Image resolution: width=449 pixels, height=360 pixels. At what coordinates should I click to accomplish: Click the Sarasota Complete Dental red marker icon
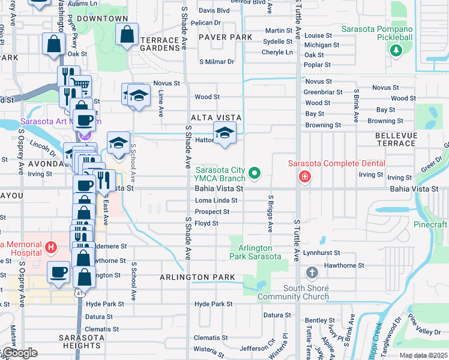pyautogui.click(x=305, y=176)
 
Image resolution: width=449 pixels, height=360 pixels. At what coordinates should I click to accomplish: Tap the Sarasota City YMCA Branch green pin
pyautogui.click(x=255, y=174)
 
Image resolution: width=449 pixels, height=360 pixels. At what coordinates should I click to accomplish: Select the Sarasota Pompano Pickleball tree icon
pyautogui.click(x=396, y=50)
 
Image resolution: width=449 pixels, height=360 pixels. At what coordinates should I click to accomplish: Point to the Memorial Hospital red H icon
pyautogui.click(x=51, y=247)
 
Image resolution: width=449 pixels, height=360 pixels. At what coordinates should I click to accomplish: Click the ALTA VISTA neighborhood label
pyautogui.click(x=216, y=118)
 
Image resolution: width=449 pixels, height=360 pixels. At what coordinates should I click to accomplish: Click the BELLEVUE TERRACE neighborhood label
pyautogui.click(x=395, y=140)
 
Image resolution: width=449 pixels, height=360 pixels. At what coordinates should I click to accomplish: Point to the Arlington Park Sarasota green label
pyautogui.click(x=255, y=252)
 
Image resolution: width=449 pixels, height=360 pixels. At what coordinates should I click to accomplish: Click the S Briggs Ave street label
pyautogui.click(x=271, y=214)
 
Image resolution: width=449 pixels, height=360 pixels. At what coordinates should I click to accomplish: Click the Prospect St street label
pyautogui.click(x=212, y=212)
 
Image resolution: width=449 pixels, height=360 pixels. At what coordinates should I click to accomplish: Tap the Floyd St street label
pyautogui.click(x=206, y=223)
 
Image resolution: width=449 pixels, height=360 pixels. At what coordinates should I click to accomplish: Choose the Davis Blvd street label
pyautogui.click(x=214, y=11)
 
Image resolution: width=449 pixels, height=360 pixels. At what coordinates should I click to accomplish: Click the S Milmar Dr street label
pyautogui.click(x=214, y=62)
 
